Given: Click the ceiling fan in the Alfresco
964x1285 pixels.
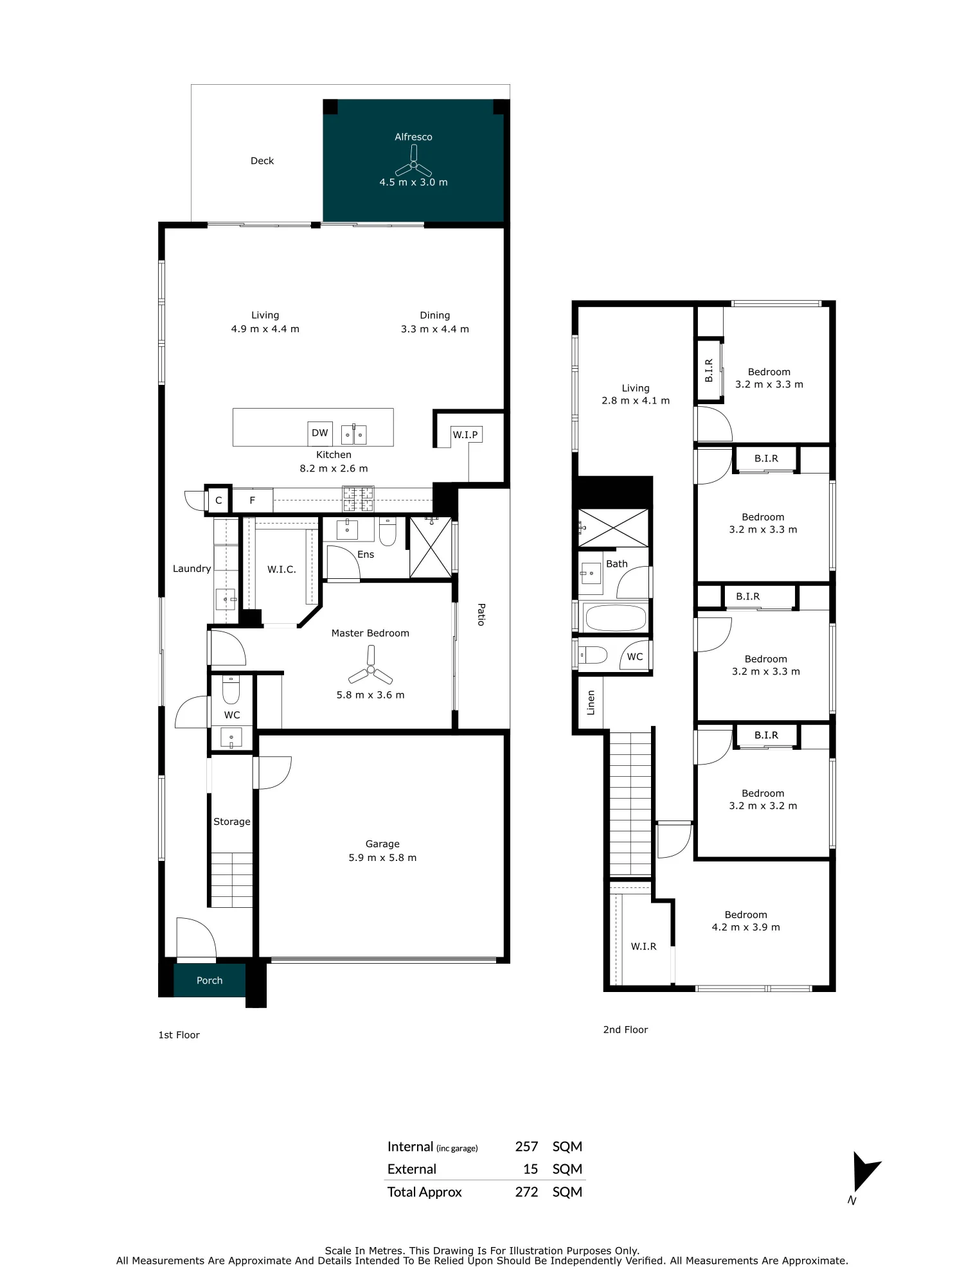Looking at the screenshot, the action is (x=414, y=163).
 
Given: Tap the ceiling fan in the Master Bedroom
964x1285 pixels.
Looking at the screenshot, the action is (x=370, y=668).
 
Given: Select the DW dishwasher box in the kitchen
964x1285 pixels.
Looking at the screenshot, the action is (x=320, y=433).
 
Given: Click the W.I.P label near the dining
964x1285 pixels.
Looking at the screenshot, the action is (x=465, y=435).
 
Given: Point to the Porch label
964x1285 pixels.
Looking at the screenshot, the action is (x=210, y=980).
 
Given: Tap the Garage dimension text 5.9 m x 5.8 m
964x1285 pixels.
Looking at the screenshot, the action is (x=382, y=858).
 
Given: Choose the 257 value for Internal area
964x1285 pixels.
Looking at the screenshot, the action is (x=526, y=1147).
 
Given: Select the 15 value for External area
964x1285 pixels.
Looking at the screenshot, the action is (x=530, y=1169).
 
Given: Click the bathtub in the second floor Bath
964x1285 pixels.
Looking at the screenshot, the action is (x=616, y=618).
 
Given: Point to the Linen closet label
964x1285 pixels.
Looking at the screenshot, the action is (x=591, y=703).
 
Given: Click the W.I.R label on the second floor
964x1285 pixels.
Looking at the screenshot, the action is (x=643, y=946).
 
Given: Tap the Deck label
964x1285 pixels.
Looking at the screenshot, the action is (x=262, y=161).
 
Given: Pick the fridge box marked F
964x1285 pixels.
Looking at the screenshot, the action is (x=253, y=500).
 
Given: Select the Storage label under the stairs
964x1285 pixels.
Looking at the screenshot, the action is (x=232, y=822).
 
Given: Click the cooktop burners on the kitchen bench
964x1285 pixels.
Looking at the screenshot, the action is (x=358, y=499).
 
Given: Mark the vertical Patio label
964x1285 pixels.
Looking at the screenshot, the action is (x=481, y=614).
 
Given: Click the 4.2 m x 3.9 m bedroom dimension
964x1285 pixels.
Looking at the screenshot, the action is (x=745, y=927).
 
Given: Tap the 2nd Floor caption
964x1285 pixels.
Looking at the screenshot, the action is (x=625, y=1029).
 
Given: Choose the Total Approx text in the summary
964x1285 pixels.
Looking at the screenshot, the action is (x=424, y=1192).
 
